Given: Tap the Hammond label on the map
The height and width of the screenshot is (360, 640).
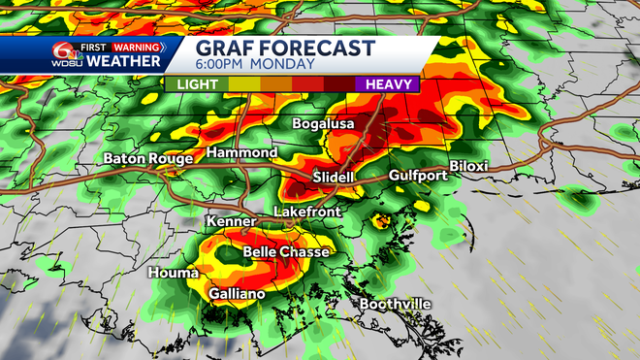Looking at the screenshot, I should point(243,153).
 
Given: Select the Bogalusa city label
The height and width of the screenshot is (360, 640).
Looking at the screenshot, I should point(326,124).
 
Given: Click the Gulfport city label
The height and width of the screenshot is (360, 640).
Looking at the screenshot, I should point(417,176).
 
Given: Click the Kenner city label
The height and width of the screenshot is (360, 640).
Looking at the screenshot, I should point(231,222).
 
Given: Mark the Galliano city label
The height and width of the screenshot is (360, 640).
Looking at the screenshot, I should point(238,293).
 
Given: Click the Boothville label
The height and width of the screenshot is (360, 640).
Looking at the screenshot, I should point(395,305).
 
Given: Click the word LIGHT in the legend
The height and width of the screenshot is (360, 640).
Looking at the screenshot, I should point(196,84).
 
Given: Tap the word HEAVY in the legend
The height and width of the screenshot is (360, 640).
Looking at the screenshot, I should point(387,84).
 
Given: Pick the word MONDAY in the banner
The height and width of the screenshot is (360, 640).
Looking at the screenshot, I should point(285,65).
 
